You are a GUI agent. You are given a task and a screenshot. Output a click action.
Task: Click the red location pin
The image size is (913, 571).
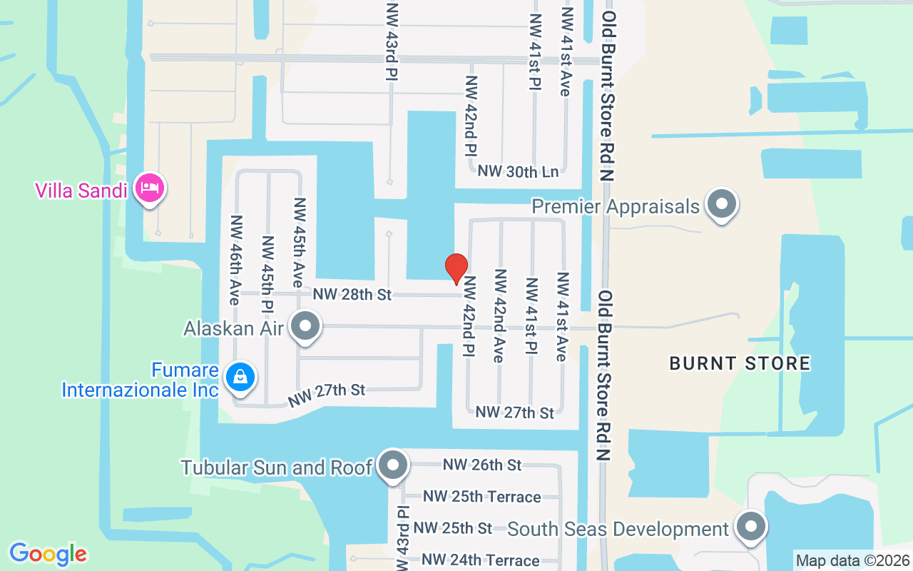pos(456,268)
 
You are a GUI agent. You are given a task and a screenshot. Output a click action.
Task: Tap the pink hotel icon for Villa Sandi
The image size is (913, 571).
pos(150,188)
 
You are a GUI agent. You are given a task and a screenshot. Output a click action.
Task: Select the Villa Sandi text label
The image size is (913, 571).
pos(81,191)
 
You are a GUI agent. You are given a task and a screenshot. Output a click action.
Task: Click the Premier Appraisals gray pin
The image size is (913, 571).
pos(722,205)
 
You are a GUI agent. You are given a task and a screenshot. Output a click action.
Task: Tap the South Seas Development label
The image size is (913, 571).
pos(618,529)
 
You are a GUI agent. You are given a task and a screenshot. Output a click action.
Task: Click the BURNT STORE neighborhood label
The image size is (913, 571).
pos(740,363)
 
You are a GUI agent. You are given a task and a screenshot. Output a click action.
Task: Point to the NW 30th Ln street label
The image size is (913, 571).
pos(519,171)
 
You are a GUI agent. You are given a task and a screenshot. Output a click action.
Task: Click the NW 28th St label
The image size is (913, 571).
pos(352,294)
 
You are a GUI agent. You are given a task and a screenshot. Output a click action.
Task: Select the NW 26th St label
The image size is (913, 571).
pos(482,465)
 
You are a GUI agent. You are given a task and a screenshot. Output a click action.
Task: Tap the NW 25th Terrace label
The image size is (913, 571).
pos(482,496)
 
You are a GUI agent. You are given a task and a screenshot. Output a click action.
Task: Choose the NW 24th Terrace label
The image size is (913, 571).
pos(480,560)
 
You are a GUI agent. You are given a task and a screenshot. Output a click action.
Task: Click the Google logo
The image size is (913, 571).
pos(48,554)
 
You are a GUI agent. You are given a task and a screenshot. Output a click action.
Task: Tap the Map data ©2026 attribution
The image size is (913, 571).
pos(852,560)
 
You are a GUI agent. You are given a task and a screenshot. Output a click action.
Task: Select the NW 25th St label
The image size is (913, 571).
pos(453,528)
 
